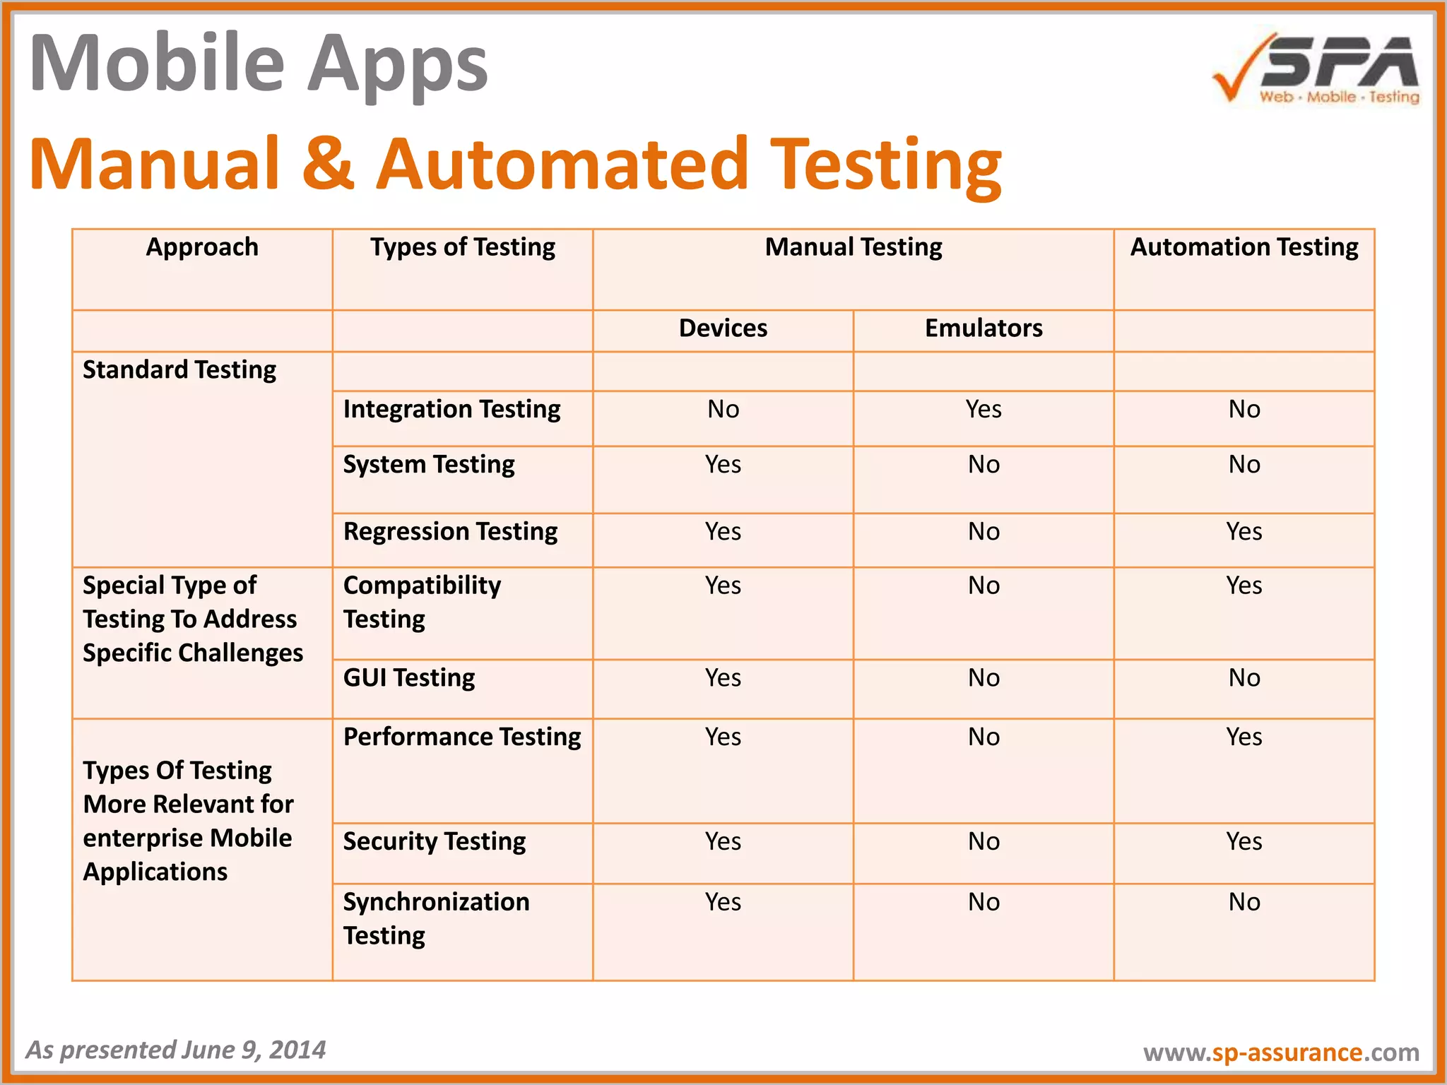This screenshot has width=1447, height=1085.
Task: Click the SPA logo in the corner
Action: point(1316,69)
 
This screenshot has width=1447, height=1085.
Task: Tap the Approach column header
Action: point(202,247)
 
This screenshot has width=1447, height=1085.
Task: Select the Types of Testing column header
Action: point(463,247)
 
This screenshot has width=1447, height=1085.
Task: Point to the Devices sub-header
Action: point(723,328)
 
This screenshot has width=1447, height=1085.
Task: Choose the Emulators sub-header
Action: point(984,328)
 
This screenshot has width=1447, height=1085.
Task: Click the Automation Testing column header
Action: point(1244,247)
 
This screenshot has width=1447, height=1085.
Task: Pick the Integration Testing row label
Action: point(451,409)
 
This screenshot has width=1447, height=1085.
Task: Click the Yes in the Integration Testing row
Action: point(984,409)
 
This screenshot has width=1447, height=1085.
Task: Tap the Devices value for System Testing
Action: point(723,464)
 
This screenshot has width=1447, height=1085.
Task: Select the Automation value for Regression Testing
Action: point(1244,531)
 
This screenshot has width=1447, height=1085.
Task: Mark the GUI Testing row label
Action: point(409,677)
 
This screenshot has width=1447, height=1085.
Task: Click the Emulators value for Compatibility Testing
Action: point(984,586)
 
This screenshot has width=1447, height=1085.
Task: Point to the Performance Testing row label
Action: point(462,737)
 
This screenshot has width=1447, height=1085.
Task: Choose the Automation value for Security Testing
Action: point(1244,841)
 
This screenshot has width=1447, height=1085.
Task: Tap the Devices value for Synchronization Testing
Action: point(723,902)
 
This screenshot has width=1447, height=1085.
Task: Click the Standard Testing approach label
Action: point(179,369)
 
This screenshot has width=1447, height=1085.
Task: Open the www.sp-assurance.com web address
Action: point(1281,1053)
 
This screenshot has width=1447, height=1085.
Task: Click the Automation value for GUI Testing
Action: point(1244,677)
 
